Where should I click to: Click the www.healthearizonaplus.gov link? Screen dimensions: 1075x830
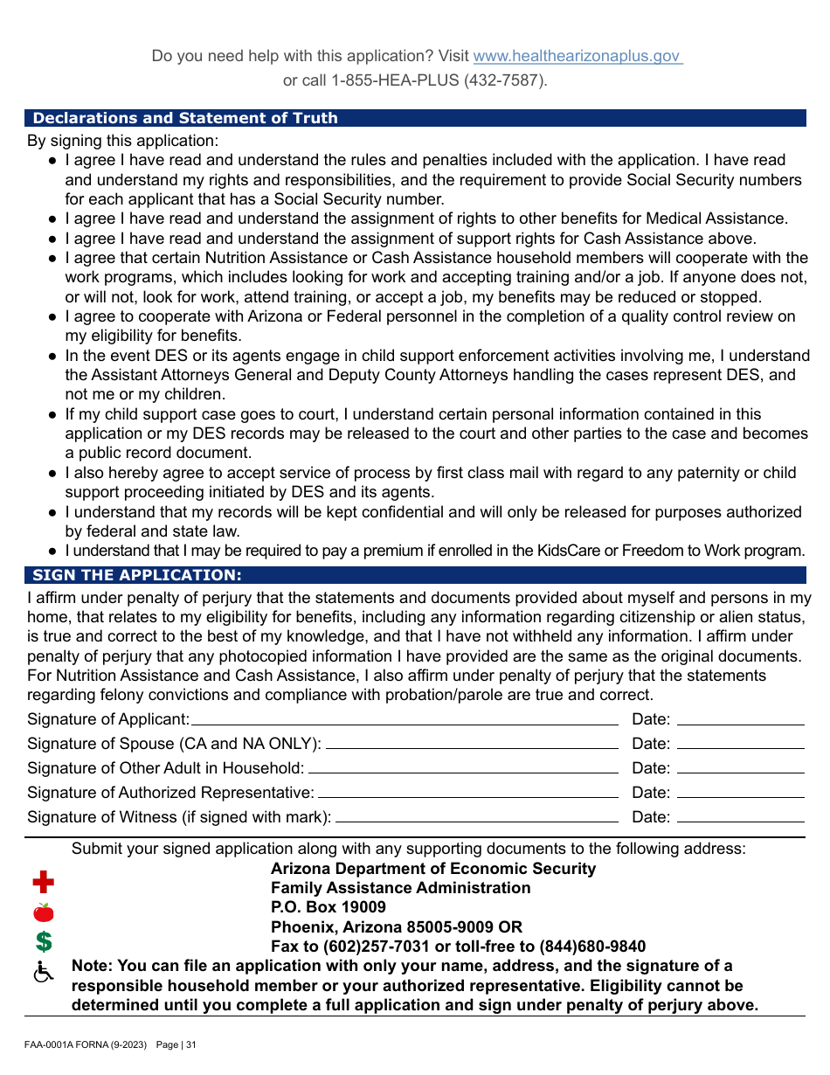pyautogui.click(x=577, y=56)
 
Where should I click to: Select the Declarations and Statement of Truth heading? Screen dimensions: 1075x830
pyautogui.click(x=185, y=118)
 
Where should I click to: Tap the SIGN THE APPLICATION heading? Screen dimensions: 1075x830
pyautogui.click(x=137, y=575)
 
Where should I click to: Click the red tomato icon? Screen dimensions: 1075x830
pyautogui.click(x=43, y=912)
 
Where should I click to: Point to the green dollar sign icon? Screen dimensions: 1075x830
pyautogui.click(x=43, y=941)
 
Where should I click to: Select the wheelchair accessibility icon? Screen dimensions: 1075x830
pyautogui.click(x=43, y=971)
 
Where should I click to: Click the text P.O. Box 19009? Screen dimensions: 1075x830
pyautogui.click(x=329, y=907)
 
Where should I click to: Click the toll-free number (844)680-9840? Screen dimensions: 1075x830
pyautogui.click(x=592, y=947)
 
